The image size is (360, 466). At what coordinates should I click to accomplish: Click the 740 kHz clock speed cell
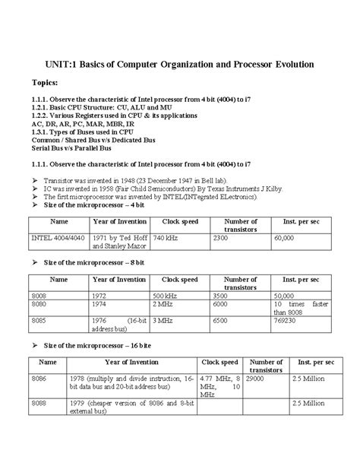pos(166,238)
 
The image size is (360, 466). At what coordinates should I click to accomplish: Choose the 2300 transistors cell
pos(220,238)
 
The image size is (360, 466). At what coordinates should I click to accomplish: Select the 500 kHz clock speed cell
pos(166,293)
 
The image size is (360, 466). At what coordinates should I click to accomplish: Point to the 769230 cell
pos(286,321)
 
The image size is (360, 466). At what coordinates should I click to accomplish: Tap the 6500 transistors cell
pos(219,321)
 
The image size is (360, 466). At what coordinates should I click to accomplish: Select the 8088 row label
pos(39,404)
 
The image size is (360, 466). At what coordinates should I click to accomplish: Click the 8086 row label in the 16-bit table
pos(39,377)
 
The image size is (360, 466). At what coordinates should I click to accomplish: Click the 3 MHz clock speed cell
pos(163,321)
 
